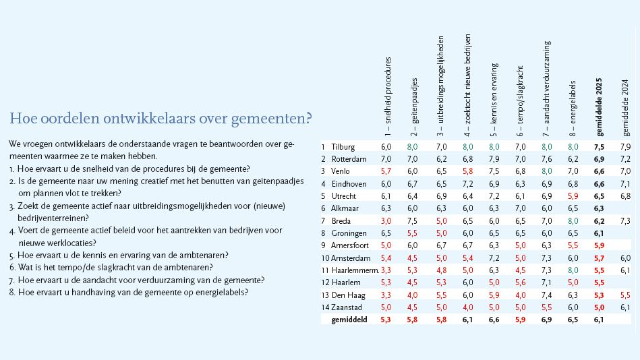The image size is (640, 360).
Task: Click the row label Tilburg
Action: click(x=343, y=147)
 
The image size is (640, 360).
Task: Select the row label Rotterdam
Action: click(x=349, y=159)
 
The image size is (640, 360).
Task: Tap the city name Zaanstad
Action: click(x=347, y=307)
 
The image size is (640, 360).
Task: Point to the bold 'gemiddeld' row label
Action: click(x=349, y=320)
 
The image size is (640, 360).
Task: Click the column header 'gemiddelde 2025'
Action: click(x=599, y=107)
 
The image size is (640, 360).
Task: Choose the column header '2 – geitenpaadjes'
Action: click(x=414, y=107)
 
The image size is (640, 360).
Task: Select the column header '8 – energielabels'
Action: click(x=573, y=108)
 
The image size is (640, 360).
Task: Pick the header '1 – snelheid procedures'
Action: click(x=387, y=96)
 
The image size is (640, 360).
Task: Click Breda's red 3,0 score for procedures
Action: click(x=386, y=221)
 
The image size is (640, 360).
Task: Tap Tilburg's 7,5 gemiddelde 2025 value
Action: click(x=599, y=147)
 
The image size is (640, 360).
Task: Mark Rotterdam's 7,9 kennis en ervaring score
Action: click(x=494, y=159)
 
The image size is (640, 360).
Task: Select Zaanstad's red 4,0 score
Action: click(x=468, y=307)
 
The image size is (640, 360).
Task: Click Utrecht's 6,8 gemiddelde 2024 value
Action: click(x=625, y=196)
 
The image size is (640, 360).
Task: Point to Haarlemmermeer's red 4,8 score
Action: click(x=441, y=270)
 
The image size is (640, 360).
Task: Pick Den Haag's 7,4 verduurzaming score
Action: click(x=546, y=295)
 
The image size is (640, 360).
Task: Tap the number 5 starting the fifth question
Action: click(x=11, y=256)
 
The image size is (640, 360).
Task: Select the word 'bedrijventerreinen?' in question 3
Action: click(x=53, y=218)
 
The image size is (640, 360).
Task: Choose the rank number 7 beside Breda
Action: click(x=323, y=221)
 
